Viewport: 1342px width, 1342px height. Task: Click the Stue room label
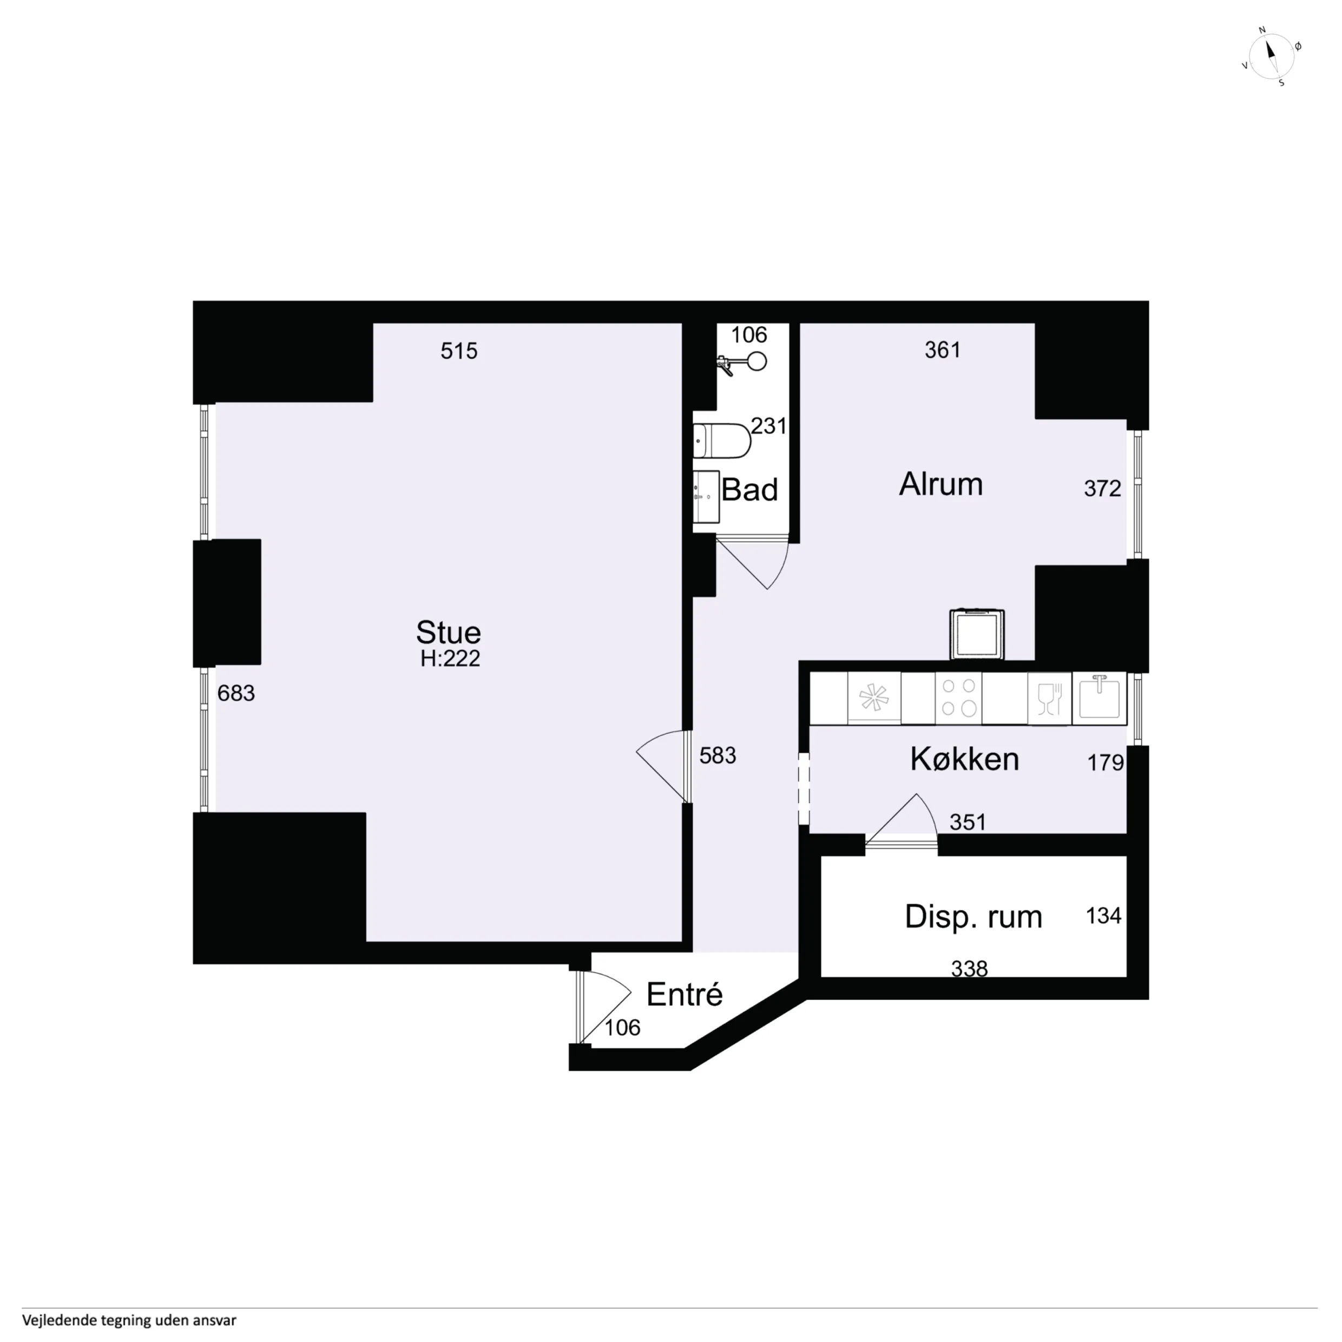pos(448,632)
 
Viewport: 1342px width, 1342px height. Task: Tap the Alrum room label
pos(940,484)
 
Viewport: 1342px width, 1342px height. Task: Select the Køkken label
pos(964,759)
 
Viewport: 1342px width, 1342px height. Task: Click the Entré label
pos(684,995)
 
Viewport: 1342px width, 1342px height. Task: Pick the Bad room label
pos(749,490)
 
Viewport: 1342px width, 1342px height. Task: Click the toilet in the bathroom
pos(722,440)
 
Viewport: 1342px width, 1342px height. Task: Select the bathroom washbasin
pos(706,497)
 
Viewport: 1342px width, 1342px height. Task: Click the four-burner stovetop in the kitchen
pos(958,698)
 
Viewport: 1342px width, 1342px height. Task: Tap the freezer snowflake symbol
pos(874,698)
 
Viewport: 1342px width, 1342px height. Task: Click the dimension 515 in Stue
pos(458,351)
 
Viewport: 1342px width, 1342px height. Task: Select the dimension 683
pos(236,693)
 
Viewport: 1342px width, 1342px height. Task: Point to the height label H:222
pos(450,659)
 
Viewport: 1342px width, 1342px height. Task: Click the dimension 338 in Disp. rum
pos(969,968)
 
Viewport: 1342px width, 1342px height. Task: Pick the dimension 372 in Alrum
pos(1102,488)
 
